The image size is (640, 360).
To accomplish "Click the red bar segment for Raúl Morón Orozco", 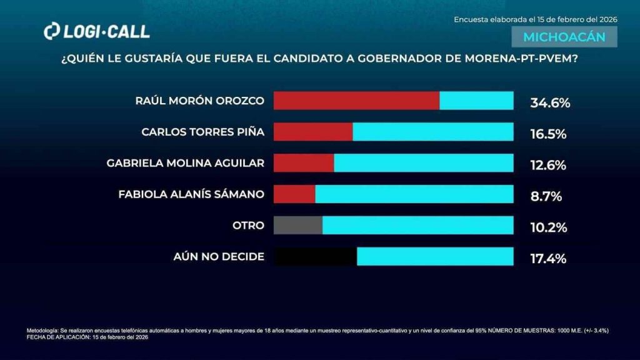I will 356,101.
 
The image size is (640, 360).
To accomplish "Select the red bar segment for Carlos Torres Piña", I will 313,132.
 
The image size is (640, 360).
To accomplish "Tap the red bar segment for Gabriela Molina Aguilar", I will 304,163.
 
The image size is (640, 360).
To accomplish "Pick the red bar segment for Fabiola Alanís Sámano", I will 294,194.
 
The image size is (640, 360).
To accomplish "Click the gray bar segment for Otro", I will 298,225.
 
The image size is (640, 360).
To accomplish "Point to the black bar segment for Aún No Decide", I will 316,256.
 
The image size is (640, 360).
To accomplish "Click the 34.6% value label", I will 550,103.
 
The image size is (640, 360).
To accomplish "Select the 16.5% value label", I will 548,134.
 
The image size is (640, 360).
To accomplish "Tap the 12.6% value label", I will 548,166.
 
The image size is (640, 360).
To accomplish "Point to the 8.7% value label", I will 546,197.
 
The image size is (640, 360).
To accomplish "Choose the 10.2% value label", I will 548,227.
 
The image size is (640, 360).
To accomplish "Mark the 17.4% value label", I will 548,259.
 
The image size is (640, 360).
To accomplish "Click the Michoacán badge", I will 564,37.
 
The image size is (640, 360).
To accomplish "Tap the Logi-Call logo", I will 97,31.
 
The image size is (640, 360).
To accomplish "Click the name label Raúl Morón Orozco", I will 200,101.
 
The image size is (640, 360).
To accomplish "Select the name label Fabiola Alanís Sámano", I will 191,194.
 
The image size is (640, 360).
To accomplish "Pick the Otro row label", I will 247,225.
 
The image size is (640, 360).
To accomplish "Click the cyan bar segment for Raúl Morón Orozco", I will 476,101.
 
